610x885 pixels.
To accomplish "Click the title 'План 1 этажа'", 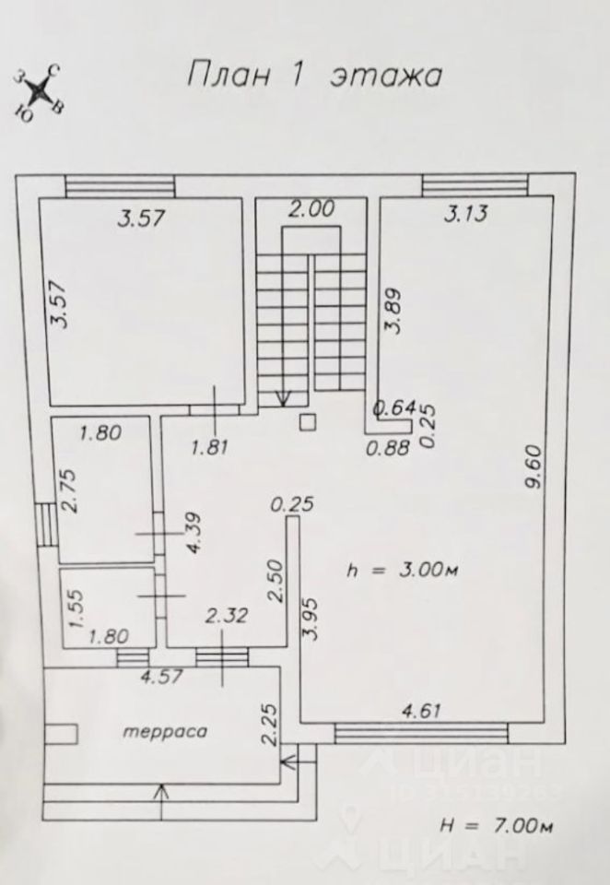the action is [314, 74].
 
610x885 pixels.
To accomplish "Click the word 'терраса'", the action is [163, 732].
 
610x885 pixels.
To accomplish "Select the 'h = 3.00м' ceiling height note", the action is [402, 571].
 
